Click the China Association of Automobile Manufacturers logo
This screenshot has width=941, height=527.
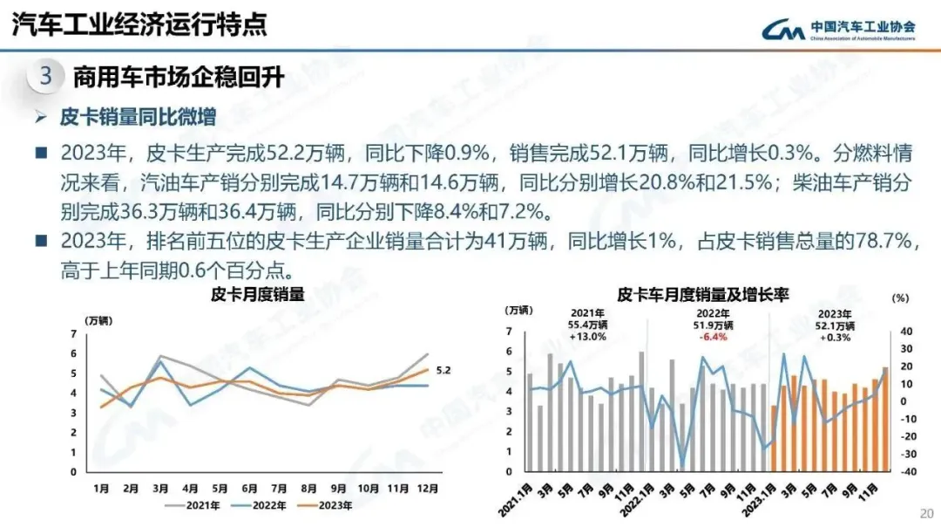tap(836, 31)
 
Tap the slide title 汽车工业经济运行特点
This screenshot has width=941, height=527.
tap(139, 25)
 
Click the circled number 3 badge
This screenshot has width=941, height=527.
tap(46, 77)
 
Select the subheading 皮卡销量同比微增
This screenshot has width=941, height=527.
tap(137, 118)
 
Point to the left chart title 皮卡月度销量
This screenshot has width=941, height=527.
tap(258, 295)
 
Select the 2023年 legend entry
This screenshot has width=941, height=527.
tap(327, 505)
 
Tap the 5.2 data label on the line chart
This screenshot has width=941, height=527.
tap(443, 370)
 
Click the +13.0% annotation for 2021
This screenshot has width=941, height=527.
tap(588, 338)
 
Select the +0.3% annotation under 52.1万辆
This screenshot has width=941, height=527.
tap(834, 338)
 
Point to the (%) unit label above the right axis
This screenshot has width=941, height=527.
tap(900, 298)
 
